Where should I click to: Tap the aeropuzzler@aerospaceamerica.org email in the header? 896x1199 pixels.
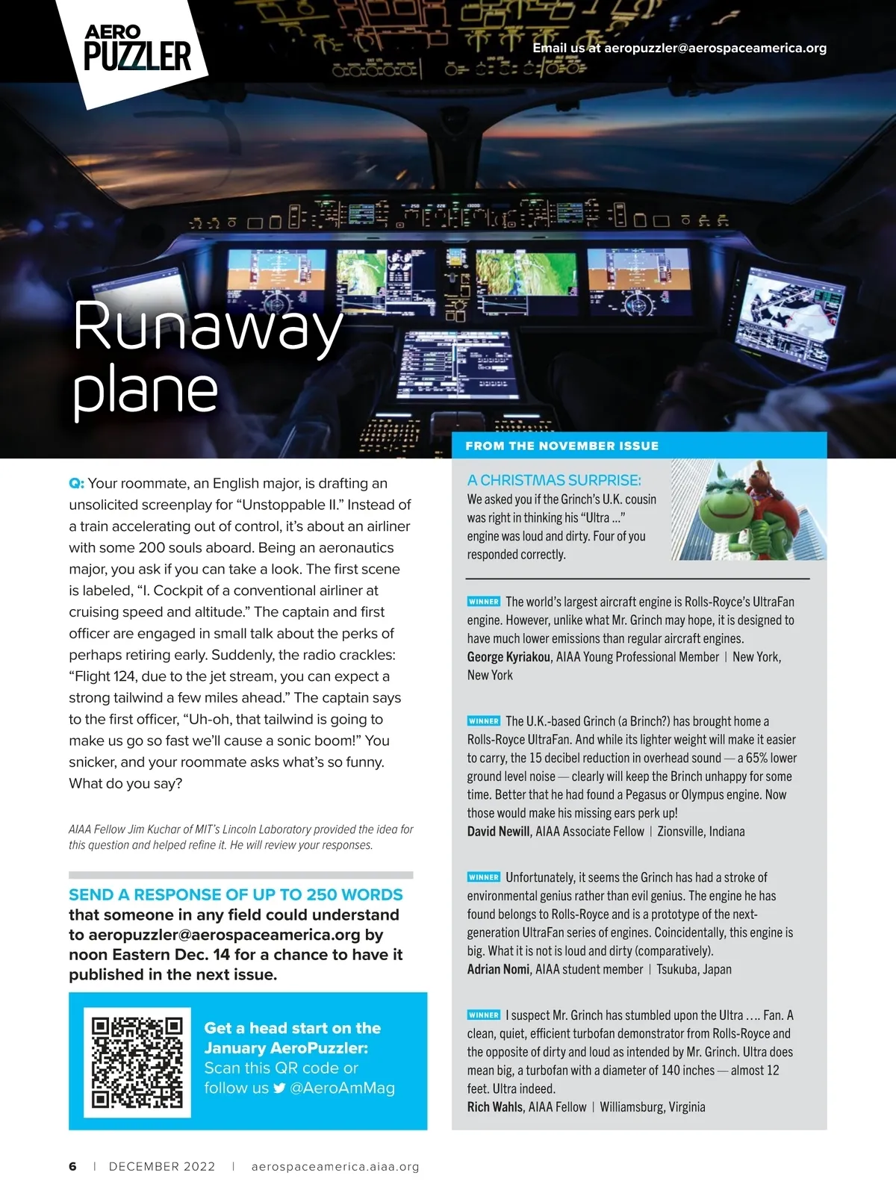coord(715,48)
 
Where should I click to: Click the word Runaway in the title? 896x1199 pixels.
coord(208,326)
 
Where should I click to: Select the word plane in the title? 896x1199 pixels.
coord(146,390)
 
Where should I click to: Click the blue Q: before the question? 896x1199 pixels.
coord(76,483)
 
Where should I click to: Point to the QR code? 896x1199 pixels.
coord(137,1062)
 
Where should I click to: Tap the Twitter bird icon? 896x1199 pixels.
coord(279,1088)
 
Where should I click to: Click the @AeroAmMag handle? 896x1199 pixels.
coord(342,1088)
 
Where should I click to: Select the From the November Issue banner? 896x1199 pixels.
coord(561,446)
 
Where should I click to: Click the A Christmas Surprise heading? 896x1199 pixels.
coord(554,480)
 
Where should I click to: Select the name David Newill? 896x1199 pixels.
coord(499,832)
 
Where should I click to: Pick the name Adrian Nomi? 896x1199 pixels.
coord(498,969)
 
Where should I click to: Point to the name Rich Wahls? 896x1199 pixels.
coord(494,1107)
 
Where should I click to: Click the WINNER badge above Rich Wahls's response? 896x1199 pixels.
coord(484,1015)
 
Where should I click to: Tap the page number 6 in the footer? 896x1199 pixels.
coord(72,1166)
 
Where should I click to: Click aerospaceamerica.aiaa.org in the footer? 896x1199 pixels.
coord(335,1166)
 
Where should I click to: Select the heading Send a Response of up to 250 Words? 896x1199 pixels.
coord(235,894)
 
